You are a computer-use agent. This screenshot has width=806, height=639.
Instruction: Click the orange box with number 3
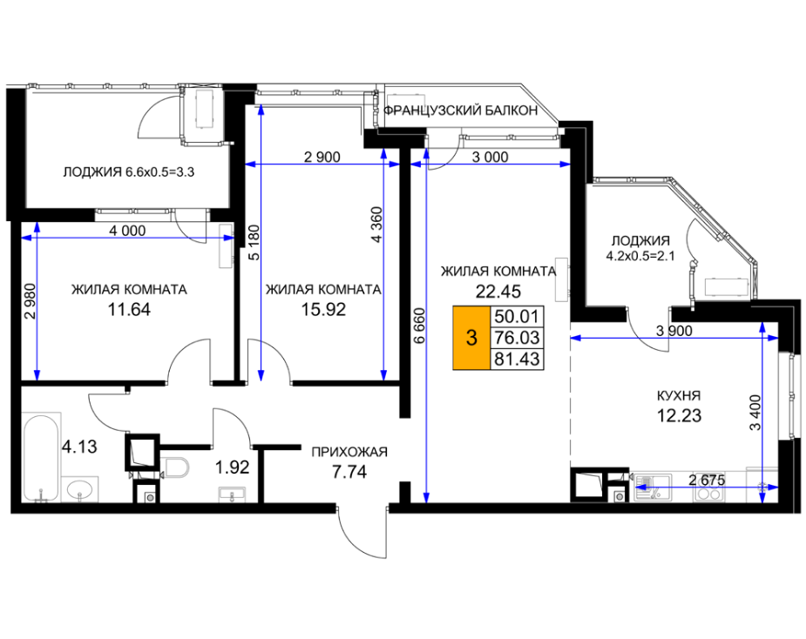point(471,338)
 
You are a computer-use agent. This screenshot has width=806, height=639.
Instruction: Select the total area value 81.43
point(517,359)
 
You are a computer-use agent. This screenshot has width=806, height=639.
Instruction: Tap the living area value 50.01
point(517,316)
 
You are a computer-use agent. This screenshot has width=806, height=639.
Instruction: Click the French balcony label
point(461,111)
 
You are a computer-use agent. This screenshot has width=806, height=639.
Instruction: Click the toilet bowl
point(175,467)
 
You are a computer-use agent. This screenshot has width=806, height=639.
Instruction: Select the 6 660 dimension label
point(419,325)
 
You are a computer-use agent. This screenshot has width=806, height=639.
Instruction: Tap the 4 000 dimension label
point(127,231)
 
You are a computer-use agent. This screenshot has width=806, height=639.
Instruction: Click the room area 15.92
point(323,309)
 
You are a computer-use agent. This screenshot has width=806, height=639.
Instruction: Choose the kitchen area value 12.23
point(679,415)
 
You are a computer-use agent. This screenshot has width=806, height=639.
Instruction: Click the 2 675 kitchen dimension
point(707,481)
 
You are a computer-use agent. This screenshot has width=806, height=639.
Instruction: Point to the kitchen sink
point(652,487)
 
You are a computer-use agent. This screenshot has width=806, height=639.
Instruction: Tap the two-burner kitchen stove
point(708,494)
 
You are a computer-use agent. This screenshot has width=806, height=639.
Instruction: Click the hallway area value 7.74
point(349,471)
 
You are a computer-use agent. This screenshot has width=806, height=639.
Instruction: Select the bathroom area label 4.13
point(79,447)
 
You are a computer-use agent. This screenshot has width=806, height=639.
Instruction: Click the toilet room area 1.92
point(232,467)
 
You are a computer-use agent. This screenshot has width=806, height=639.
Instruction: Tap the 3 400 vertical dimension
point(755,413)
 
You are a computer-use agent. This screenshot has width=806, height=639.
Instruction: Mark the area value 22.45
point(498,292)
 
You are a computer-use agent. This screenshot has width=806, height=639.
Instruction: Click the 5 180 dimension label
point(254,242)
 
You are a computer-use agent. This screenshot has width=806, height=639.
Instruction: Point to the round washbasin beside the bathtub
point(79,488)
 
